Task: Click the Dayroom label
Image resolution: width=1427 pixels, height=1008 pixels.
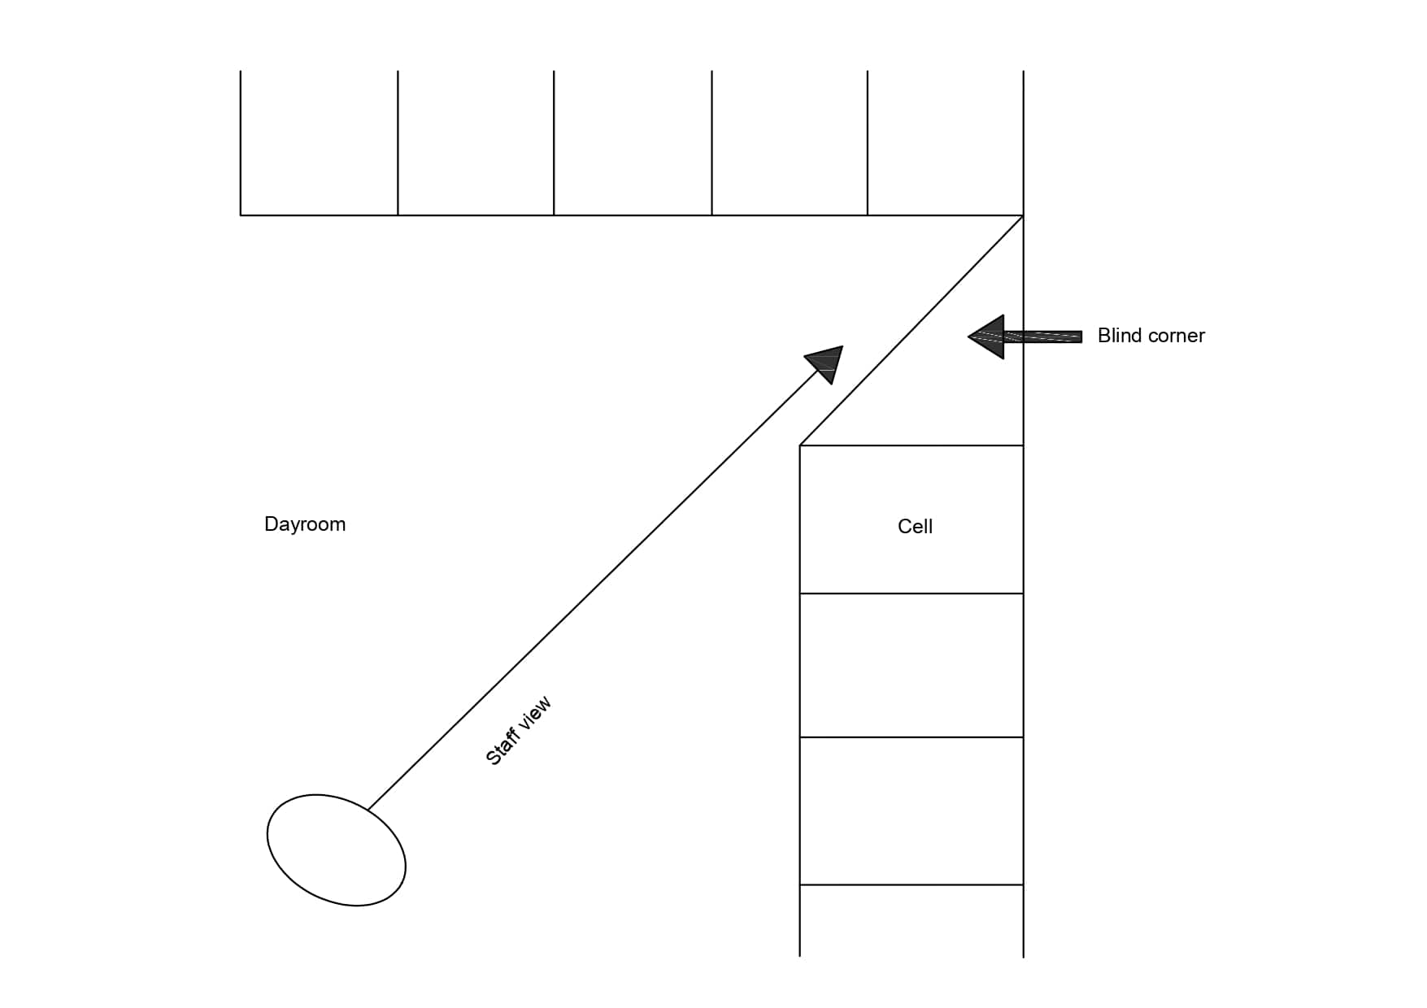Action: (305, 524)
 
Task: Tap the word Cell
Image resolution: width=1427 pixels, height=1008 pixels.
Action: (915, 527)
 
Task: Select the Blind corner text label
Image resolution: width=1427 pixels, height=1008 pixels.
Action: (1151, 336)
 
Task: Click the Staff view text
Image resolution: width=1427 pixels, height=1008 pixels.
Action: (518, 731)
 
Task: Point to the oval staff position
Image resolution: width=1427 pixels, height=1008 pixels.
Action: (336, 849)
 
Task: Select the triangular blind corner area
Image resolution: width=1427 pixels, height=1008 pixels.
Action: (959, 382)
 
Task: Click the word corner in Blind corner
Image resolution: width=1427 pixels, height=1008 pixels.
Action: (1177, 336)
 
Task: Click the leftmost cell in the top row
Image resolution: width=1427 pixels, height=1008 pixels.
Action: (319, 143)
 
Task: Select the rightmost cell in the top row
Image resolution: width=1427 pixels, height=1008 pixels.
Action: (945, 143)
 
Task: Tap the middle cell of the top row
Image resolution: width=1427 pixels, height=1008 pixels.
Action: (633, 143)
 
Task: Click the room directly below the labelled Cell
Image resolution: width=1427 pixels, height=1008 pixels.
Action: (911, 665)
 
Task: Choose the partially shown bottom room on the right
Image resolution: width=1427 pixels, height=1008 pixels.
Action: (911, 920)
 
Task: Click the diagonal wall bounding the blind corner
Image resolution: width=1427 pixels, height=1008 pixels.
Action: (911, 331)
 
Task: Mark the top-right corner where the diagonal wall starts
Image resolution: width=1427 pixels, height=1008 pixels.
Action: (1023, 215)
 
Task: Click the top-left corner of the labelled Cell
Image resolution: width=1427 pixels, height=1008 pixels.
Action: (800, 445)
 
